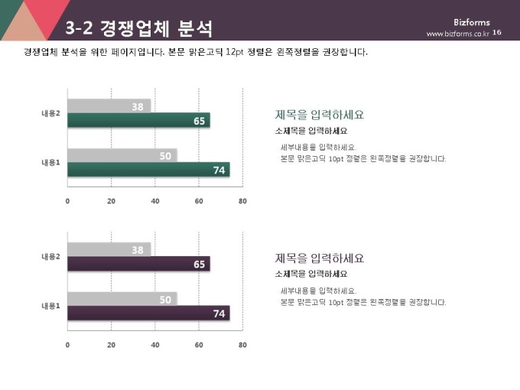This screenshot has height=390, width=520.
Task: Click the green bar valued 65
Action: click(138, 121)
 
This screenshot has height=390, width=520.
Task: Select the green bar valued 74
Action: click(148, 170)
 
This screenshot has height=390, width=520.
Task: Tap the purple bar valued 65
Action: click(138, 265)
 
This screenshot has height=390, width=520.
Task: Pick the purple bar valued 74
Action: click(148, 313)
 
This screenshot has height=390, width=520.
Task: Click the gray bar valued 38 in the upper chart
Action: click(109, 106)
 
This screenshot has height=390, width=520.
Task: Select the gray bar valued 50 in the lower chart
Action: click(122, 299)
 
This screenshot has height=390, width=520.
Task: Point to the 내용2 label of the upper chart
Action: click(51, 114)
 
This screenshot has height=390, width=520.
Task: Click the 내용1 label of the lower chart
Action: click(51, 306)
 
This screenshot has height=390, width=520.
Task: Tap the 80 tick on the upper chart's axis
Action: click(242, 201)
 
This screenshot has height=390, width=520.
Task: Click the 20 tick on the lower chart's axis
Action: click(111, 345)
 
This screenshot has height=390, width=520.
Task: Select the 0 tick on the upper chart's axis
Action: click(67, 201)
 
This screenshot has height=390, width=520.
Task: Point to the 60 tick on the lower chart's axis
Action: click(199, 345)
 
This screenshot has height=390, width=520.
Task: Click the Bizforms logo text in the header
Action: click(471, 22)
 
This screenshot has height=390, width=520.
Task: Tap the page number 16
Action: click(497, 33)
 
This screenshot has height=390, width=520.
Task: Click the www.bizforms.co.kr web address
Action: click(457, 34)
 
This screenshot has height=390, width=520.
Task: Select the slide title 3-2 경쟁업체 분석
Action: click(138, 29)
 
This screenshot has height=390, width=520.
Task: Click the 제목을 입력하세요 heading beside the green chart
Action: click(319, 115)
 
